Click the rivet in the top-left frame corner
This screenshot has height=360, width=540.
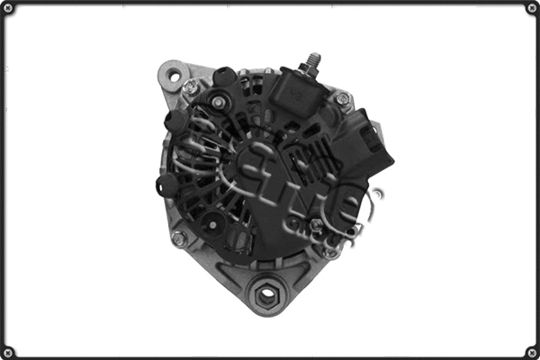[8, 8]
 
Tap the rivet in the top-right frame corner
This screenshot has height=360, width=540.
[532, 8]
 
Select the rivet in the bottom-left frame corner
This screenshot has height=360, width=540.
[8, 352]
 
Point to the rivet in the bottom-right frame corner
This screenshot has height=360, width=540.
[532, 352]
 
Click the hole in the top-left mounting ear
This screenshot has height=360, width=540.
[174, 76]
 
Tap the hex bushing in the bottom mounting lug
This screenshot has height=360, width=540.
[267, 292]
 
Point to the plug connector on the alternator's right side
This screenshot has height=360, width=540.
[372, 139]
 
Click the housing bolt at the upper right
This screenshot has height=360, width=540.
[342, 98]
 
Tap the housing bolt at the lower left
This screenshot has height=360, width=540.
[178, 238]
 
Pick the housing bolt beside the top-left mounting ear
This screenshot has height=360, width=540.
[191, 87]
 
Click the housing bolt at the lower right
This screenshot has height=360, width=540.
[331, 252]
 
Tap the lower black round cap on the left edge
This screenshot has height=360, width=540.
[166, 184]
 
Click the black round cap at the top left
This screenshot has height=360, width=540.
[225, 77]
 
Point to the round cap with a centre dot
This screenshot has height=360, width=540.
[213, 223]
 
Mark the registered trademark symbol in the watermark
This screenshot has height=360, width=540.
[377, 193]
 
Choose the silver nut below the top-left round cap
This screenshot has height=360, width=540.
[219, 102]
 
